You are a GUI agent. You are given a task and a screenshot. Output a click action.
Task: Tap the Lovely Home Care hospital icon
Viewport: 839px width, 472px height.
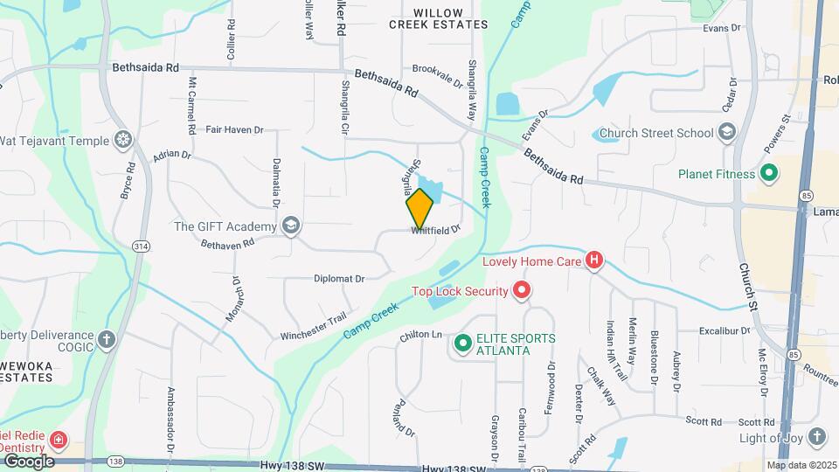tap(594, 260)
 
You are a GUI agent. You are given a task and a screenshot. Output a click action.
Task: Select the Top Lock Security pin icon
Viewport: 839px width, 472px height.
tap(522, 290)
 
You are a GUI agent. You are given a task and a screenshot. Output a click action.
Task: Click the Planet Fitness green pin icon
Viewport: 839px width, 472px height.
tap(768, 173)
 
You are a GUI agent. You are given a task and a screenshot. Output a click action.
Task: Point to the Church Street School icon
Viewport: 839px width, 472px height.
tap(725, 133)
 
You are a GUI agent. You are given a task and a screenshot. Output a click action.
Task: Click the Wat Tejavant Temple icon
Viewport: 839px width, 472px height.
tap(124, 140)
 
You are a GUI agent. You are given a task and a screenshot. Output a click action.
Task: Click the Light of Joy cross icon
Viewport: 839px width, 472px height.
tap(816, 435)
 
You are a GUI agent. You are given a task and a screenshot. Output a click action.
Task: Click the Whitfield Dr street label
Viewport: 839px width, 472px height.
tap(435, 230)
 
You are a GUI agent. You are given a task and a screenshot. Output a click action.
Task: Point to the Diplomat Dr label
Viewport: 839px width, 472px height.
tap(339, 278)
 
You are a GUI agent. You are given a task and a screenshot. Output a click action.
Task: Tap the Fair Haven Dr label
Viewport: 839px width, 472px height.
tap(234, 129)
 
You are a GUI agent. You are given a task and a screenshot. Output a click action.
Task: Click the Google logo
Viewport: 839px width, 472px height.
tap(29, 461)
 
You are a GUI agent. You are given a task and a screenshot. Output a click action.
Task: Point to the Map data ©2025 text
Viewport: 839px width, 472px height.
tap(801, 465)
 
